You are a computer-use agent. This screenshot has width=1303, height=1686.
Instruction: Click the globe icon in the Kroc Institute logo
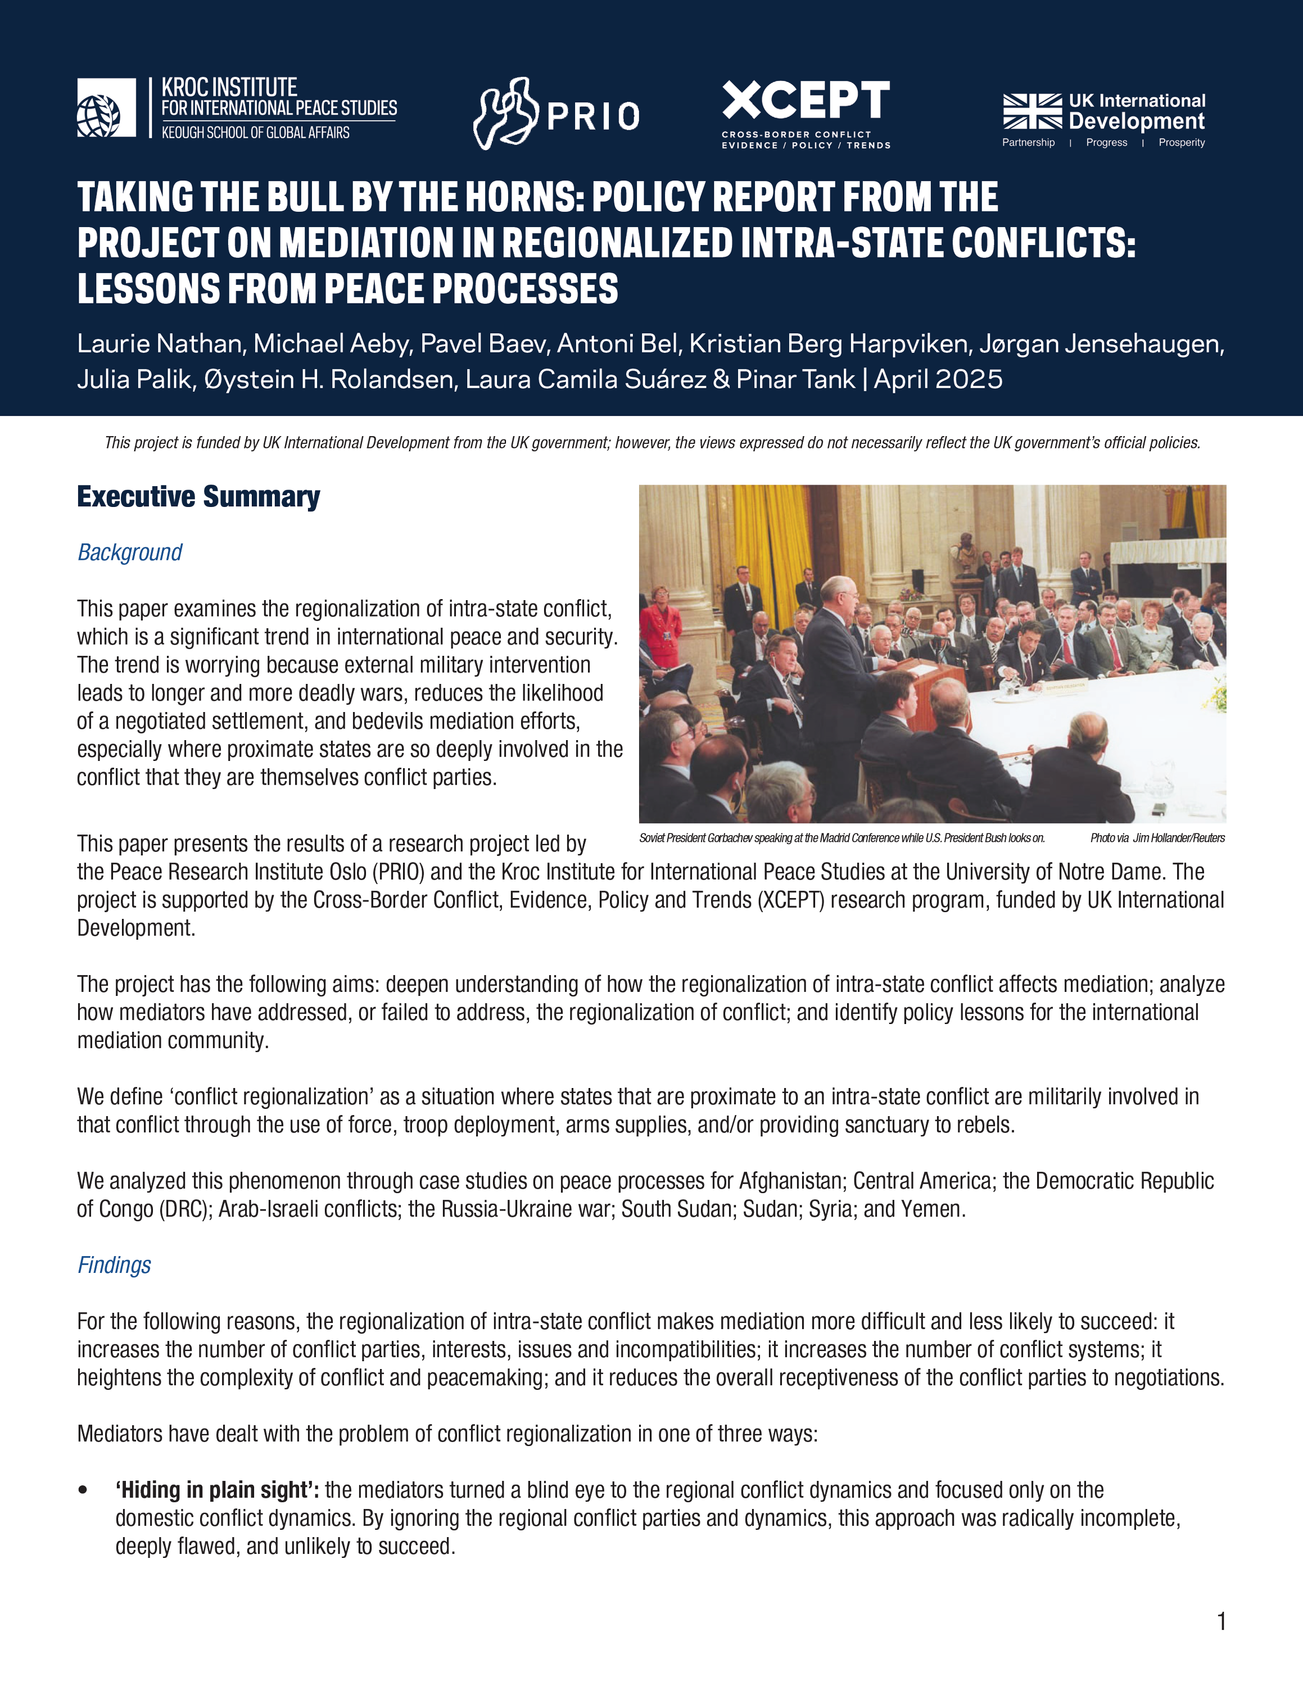(98, 116)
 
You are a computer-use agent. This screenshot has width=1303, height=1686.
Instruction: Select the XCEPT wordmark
(806, 101)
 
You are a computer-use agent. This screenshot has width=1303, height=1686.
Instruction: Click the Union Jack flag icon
(1032, 111)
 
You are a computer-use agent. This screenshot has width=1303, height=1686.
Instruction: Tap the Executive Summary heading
(198, 496)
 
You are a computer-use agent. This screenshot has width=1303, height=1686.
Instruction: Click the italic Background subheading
(130, 553)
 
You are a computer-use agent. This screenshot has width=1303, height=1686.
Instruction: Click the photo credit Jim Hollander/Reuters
(1179, 839)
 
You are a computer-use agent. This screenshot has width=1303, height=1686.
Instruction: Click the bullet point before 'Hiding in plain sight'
(83, 1490)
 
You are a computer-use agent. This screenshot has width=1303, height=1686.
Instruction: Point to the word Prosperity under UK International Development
(1181, 143)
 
